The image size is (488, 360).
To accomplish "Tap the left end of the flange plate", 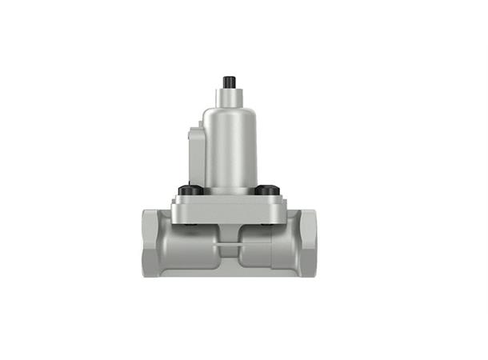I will tap(176, 210).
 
